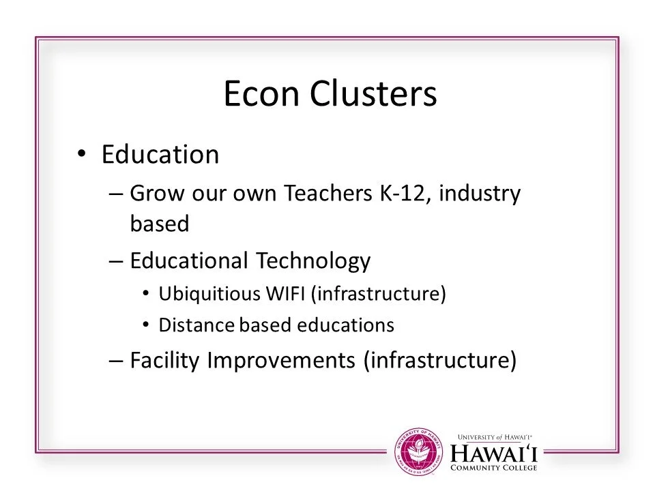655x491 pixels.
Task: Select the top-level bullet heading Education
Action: [160, 155]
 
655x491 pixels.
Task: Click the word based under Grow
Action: [158, 224]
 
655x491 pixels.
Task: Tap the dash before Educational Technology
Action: [116, 261]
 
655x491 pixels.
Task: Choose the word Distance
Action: [191, 325]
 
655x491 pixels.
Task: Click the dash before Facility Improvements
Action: [116, 359]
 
